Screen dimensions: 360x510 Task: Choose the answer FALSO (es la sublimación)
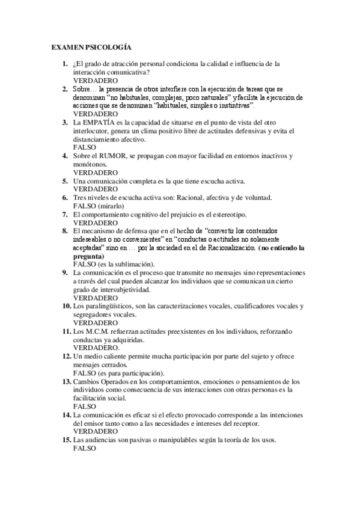pyautogui.click(x=114, y=264)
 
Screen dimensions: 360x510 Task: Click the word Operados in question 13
pyautogui.click(x=118, y=381)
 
